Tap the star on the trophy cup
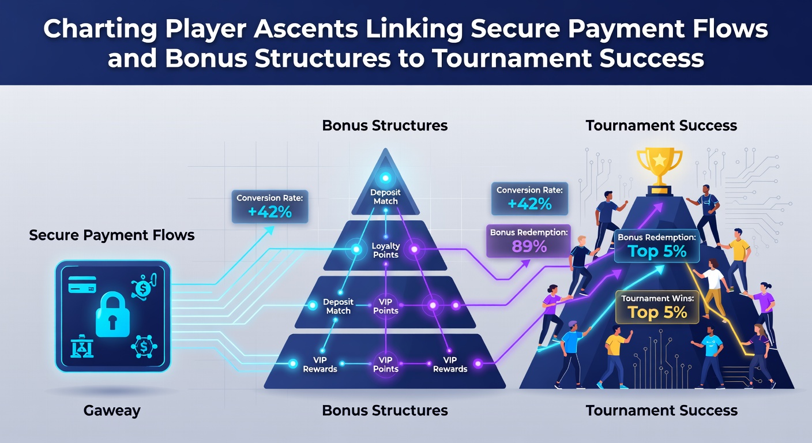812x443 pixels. click(659, 160)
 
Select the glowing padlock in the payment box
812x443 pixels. click(112, 314)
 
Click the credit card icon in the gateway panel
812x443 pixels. click(82, 284)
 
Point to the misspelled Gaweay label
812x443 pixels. click(112, 411)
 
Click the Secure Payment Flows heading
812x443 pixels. click(112, 235)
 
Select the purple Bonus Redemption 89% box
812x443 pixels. click(528, 241)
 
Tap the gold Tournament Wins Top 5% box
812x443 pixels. click(657, 307)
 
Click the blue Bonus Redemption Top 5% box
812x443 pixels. click(656, 246)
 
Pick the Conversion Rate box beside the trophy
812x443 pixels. click(529, 198)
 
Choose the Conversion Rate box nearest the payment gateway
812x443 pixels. click(270, 207)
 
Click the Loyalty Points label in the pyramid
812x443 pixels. click(386, 250)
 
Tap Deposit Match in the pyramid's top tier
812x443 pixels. click(385, 197)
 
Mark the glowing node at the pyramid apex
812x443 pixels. click(385, 178)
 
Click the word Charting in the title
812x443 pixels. click(100, 29)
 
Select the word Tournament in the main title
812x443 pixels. click(512, 58)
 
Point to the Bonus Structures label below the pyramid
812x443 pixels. click(385, 410)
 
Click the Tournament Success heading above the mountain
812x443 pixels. click(661, 125)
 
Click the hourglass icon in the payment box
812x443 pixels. click(82, 346)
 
